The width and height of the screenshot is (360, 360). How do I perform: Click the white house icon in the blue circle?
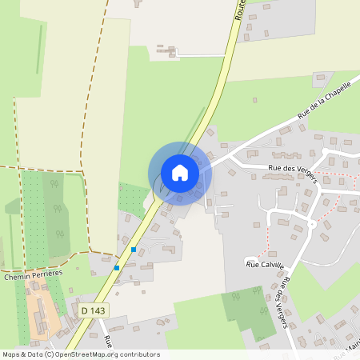pyautogui.click(x=180, y=172)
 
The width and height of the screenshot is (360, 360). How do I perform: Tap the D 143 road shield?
pyautogui.click(x=94, y=309)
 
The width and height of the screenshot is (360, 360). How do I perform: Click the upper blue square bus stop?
pyautogui.click(x=133, y=250)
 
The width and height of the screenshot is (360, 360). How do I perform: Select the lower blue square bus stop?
pyautogui.click(x=117, y=267)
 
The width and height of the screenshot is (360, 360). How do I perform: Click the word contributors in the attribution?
pyautogui.click(x=139, y=354)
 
